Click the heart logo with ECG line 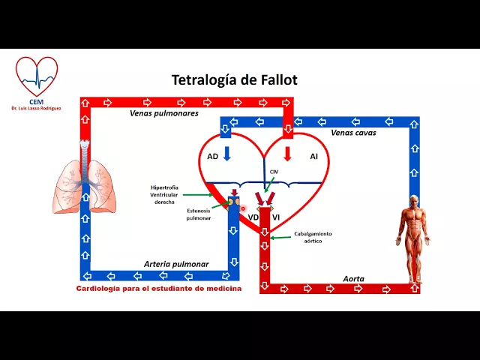(x=36, y=76)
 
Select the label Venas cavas (x=353, y=132)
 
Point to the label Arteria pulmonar (x=176, y=264)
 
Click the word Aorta (x=353, y=278)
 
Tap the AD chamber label (x=213, y=156)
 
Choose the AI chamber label (x=313, y=156)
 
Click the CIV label (x=274, y=172)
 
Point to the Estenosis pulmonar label (x=199, y=215)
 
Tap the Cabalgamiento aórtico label (x=313, y=238)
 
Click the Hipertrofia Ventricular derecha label (x=163, y=194)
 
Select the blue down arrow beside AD (x=228, y=154)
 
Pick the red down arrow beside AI (x=287, y=154)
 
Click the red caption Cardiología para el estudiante (x=159, y=289)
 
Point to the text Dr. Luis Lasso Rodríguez (x=36, y=109)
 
